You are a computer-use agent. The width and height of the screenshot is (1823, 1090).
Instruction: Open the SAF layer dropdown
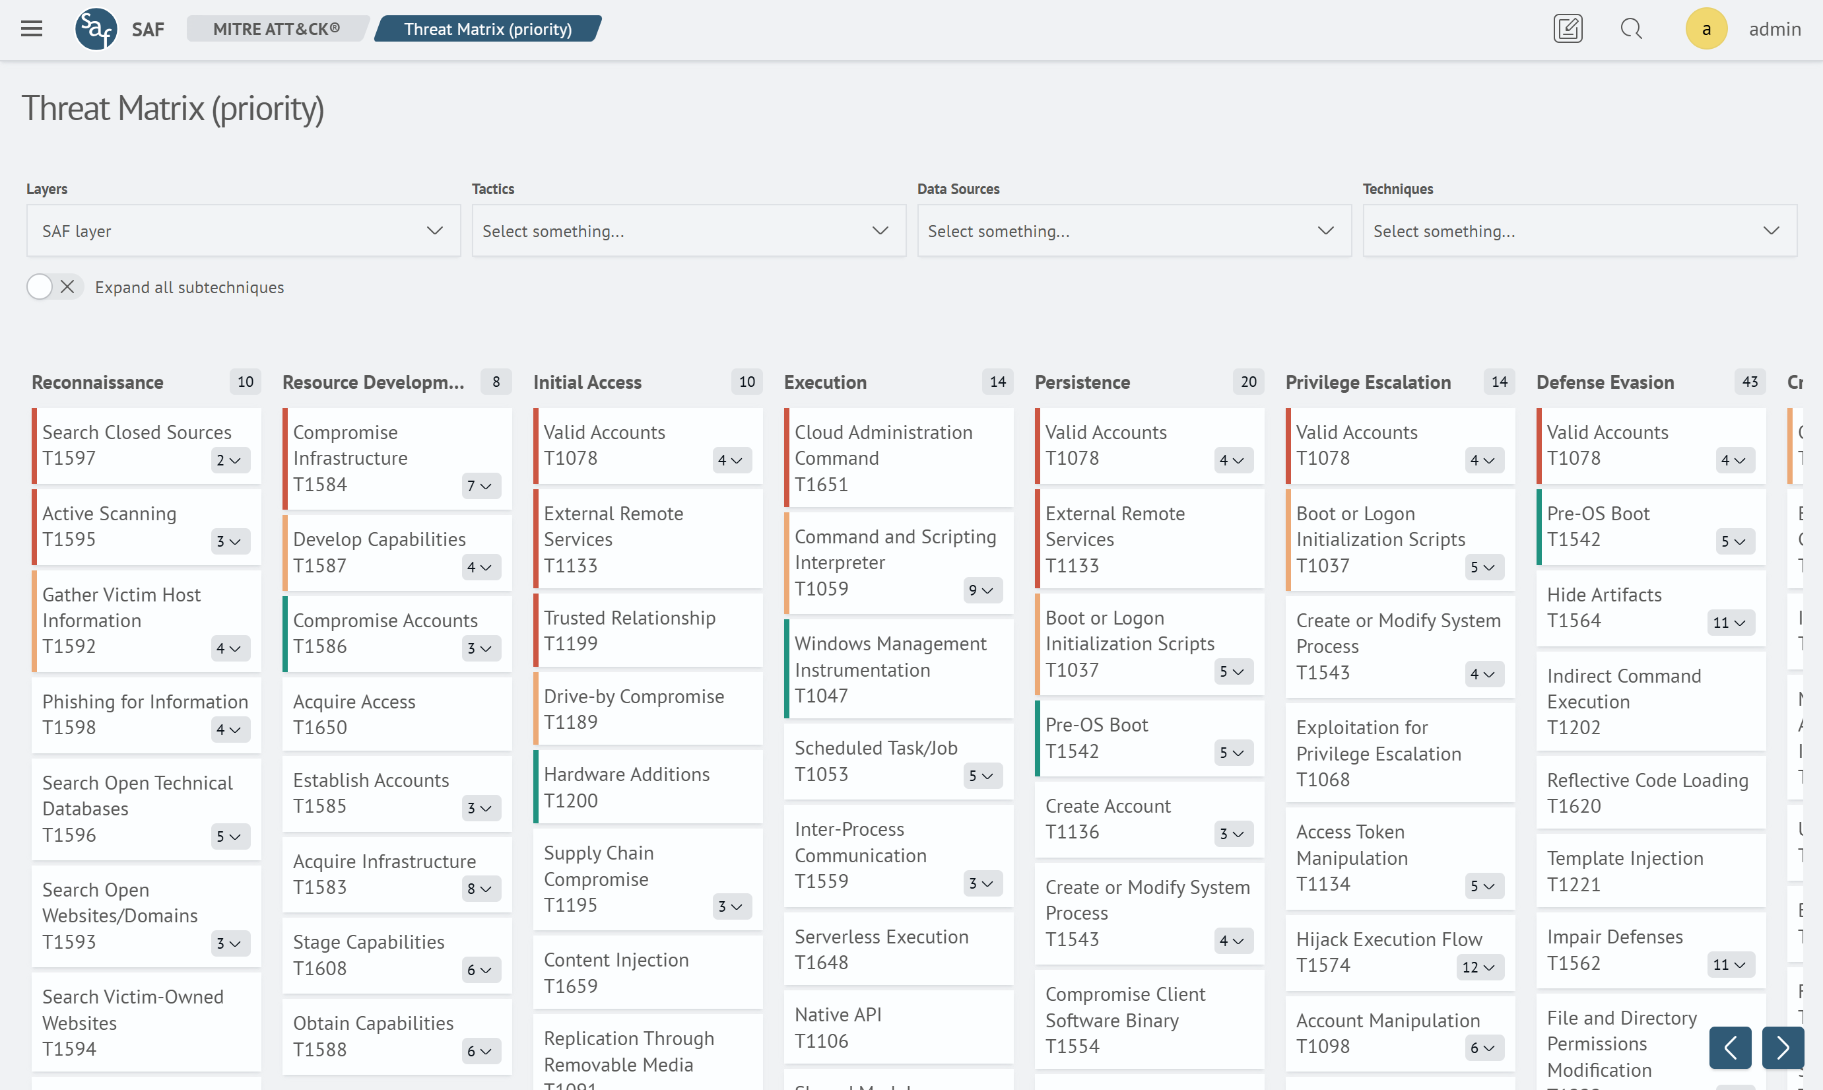(243, 230)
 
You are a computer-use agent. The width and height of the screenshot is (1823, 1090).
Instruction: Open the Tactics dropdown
(688, 230)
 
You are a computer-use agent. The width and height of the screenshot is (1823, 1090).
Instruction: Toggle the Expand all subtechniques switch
(53, 287)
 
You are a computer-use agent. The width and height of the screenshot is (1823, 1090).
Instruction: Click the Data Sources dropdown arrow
(1325, 230)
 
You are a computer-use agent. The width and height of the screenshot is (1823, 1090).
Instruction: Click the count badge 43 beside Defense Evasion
(1750, 382)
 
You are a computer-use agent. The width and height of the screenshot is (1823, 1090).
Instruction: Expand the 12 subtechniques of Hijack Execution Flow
(1479, 967)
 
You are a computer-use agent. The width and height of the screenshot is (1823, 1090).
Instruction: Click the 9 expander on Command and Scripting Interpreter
(981, 590)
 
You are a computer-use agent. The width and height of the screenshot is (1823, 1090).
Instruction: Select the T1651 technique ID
(821, 485)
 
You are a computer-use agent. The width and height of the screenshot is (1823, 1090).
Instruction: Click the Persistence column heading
(1082, 382)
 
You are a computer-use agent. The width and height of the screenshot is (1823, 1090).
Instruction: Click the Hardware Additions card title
(626, 774)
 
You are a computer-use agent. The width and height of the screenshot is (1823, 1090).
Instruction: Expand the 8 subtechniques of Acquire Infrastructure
(480, 889)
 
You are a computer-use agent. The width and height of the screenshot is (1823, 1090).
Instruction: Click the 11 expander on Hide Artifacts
(1730, 623)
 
